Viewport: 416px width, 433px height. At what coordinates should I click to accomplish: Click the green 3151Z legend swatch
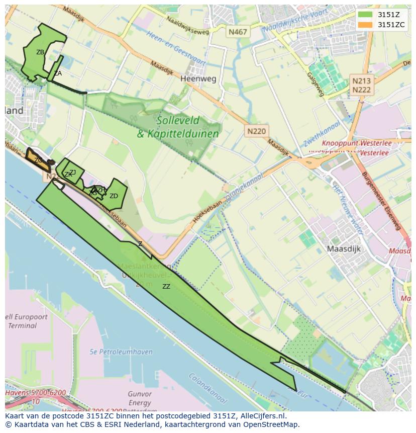click(x=365, y=15)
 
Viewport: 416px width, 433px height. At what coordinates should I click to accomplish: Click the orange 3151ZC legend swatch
click(x=365, y=25)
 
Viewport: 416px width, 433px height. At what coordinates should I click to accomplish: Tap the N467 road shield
click(x=238, y=32)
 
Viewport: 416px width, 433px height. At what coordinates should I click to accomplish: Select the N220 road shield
click(x=257, y=131)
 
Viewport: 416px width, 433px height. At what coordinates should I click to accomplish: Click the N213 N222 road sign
click(x=361, y=85)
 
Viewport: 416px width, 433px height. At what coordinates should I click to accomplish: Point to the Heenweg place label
click(x=198, y=79)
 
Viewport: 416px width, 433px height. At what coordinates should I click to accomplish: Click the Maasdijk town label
click(x=344, y=248)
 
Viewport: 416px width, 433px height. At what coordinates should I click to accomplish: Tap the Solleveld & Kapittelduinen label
click(x=178, y=127)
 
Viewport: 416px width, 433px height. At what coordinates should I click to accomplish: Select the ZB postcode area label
click(x=40, y=52)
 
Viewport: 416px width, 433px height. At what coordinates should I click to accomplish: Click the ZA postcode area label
click(x=58, y=73)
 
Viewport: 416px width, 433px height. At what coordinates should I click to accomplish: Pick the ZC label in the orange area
click(x=38, y=160)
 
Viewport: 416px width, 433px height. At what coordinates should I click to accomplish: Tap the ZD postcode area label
click(x=114, y=196)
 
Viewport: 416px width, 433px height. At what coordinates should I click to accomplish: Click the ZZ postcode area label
click(x=166, y=287)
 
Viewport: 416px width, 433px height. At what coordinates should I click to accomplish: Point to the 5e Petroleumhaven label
click(x=121, y=352)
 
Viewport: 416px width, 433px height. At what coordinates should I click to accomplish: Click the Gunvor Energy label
click(x=140, y=398)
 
